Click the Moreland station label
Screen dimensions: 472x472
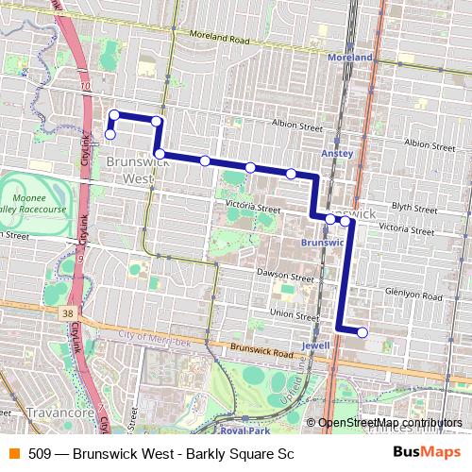pyautogui.click(x=351, y=58)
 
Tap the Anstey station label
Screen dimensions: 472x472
pyautogui.click(x=337, y=152)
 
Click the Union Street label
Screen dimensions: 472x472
pyautogui.click(x=294, y=313)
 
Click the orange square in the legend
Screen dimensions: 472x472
pyautogui.click(x=13, y=454)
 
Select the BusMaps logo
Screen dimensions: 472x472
pyautogui.click(x=427, y=453)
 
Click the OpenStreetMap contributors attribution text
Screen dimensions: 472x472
pyautogui.click(x=390, y=422)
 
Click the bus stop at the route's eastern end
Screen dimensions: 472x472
pyautogui.click(x=362, y=332)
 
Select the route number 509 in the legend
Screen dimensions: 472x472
pyautogui.click(x=40, y=454)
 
